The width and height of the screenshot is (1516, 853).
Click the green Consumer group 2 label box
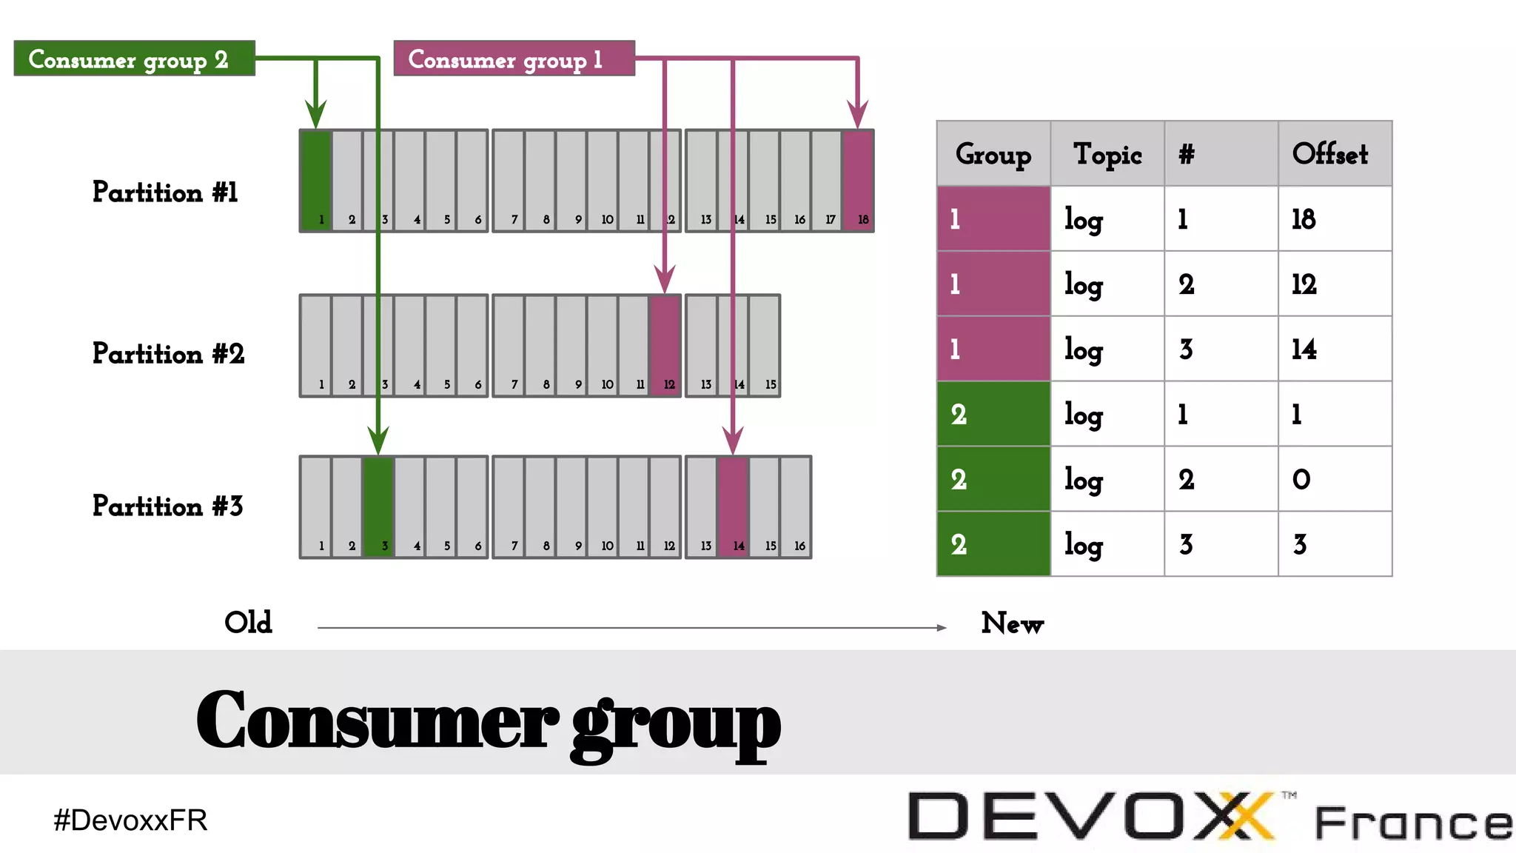[x=134, y=58]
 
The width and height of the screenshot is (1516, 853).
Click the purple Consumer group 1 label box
[x=514, y=58]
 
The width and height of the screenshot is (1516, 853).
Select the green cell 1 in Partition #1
[x=316, y=181]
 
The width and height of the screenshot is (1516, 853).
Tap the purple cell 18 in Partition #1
[x=858, y=181]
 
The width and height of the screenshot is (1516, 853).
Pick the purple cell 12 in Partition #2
[x=665, y=346]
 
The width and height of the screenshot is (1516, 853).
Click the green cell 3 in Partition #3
[x=378, y=507]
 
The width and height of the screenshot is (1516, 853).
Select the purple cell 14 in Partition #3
[x=733, y=507]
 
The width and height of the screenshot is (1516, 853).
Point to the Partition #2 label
[x=168, y=354]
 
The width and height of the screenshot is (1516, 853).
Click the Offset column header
[x=1330, y=154]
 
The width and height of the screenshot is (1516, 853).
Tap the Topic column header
[x=1107, y=154]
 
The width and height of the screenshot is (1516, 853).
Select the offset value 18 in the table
[x=1304, y=219]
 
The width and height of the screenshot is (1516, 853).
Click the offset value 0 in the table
[x=1301, y=480]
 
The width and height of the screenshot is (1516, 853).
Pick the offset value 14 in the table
[x=1304, y=349]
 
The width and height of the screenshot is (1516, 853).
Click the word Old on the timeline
[x=248, y=623]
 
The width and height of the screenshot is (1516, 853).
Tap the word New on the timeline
[x=1012, y=623]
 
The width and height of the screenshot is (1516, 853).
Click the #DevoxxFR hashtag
[x=130, y=820]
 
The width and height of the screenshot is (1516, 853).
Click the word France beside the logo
[x=1412, y=823]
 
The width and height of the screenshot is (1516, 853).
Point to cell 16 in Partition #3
[x=796, y=507]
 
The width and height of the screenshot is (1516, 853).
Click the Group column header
[x=993, y=154]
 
